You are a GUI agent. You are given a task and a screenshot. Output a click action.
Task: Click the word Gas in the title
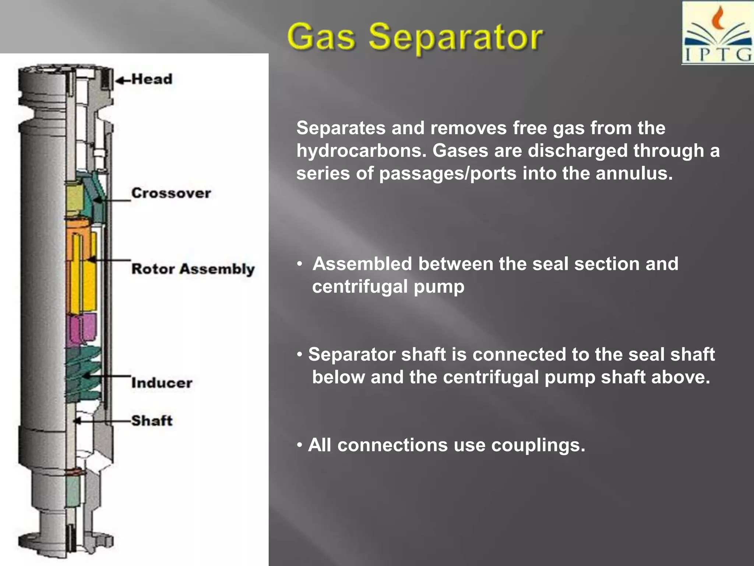[321, 37]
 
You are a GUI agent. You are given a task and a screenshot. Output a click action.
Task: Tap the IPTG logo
[718, 33]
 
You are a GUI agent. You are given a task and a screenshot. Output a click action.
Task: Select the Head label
[152, 79]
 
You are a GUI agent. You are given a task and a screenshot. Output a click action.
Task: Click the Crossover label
[171, 193]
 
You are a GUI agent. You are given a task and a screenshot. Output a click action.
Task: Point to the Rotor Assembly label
[193, 269]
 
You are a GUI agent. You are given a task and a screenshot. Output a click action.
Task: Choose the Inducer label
[162, 382]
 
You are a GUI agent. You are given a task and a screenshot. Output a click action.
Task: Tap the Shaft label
[152, 420]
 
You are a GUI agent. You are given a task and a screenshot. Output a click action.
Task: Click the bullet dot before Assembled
[300, 264]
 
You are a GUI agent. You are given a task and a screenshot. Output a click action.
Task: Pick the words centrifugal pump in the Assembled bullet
[388, 286]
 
